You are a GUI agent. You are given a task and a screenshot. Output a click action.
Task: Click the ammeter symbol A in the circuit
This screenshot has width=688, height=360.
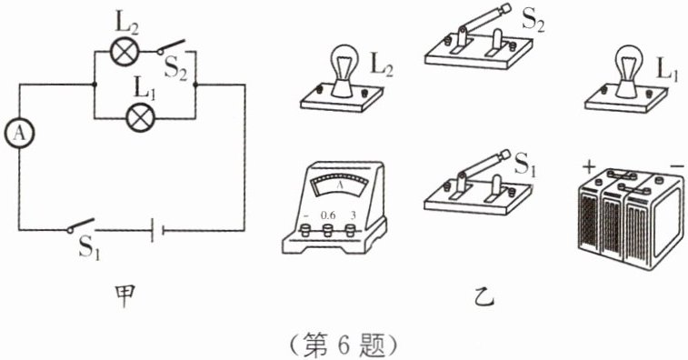[x=19, y=134]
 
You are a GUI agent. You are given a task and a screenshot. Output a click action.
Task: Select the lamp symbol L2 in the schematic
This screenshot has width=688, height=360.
[x=125, y=52]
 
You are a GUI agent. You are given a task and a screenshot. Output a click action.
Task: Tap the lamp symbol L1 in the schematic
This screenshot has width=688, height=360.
[x=140, y=118]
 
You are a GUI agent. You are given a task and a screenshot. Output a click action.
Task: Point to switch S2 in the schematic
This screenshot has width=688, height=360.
[x=171, y=47]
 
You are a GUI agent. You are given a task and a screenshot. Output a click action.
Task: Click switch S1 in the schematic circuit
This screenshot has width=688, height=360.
[x=81, y=225]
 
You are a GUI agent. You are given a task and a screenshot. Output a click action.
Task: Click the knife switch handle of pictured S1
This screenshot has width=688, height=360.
[x=483, y=167]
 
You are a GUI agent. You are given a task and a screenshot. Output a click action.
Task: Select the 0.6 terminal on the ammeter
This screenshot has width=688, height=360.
[x=327, y=230]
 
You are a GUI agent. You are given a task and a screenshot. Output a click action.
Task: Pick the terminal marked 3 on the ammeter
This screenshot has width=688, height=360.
[x=350, y=230]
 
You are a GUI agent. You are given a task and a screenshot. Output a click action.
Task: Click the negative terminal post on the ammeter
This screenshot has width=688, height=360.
[x=304, y=230]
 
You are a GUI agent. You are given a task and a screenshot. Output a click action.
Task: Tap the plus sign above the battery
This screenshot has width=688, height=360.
[x=589, y=167]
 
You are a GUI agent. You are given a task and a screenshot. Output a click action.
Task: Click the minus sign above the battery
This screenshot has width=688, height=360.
[x=677, y=166]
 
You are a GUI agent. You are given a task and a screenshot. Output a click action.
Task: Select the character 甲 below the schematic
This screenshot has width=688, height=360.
[x=124, y=296]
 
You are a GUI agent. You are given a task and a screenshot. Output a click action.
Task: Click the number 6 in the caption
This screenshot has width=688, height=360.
[x=343, y=346]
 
